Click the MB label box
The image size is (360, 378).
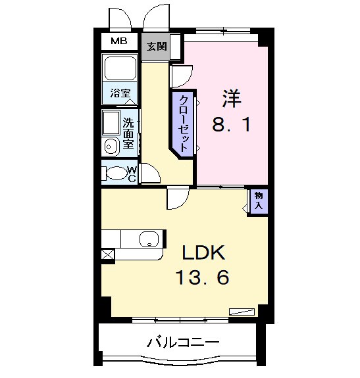119,41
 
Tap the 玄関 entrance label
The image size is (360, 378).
156,47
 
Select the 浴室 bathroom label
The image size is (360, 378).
119,93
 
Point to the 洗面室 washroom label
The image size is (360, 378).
130,131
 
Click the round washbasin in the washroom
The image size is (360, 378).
110,147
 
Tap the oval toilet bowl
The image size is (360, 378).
116,174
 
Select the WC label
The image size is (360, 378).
132,174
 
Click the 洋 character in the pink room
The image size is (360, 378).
231,99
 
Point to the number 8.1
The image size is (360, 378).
231,125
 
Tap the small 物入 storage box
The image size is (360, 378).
259,201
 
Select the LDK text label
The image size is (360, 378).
203,252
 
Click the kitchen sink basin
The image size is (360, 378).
149,239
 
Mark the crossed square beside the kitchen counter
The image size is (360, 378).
107,254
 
